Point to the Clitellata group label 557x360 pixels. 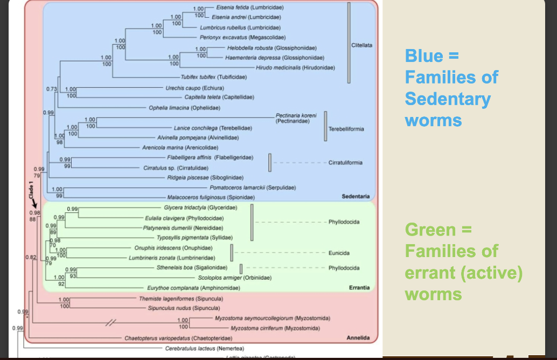coord(361,45)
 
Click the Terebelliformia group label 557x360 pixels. coord(346,129)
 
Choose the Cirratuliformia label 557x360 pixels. coord(345,163)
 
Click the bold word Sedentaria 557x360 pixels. coord(356,196)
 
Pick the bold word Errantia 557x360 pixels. coord(359,287)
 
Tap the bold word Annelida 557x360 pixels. coord(358,338)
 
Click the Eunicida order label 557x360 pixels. coord(339,253)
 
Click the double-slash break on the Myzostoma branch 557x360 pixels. coord(110,322)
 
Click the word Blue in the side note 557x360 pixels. coord(424,56)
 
